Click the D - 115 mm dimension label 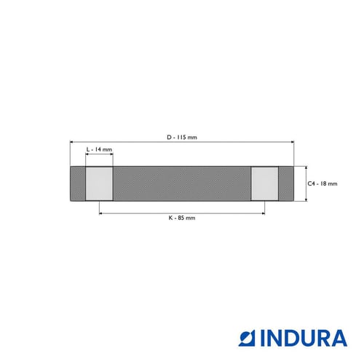(182, 138)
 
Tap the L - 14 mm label (99, 149)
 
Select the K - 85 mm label (182, 218)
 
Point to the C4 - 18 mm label (323, 183)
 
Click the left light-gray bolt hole (99, 183)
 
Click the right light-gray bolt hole (265, 183)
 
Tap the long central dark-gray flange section (182, 183)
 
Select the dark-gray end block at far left (78, 183)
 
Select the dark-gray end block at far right (286, 183)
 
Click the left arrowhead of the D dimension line (71, 142)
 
